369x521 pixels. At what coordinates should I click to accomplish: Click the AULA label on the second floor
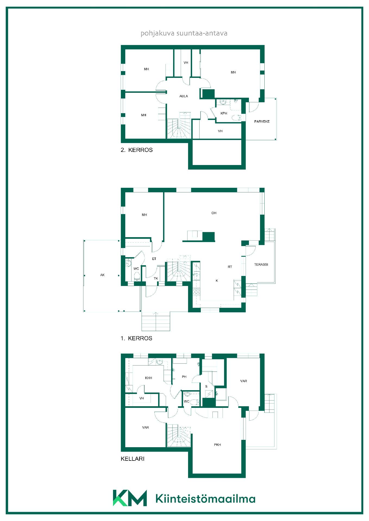(x=184, y=96)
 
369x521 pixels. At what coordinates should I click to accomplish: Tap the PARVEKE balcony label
(x=262, y=121)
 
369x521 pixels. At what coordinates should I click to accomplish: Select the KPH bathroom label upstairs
(x=224, y=113)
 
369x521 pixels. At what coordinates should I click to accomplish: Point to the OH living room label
(x=214, y=213)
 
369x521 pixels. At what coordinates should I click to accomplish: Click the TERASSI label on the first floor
(x=261, y=264)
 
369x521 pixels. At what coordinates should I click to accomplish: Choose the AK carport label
(x=102, y=275)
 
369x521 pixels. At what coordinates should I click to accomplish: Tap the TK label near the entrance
(x=156, y=278)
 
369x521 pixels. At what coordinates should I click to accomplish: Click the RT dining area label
(x=230, y=267)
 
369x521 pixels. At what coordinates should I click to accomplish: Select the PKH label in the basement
(x=217, y=445)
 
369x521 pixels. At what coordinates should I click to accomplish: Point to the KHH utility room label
(x=149, y=378)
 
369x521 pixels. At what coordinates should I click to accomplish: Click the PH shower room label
(x=184, y=377)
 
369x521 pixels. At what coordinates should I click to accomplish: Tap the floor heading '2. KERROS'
(x=137, y=150)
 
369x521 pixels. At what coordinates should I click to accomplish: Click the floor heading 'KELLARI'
(x=133, y=459)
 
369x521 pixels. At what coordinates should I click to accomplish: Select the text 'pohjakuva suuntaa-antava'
(x=184, y=33)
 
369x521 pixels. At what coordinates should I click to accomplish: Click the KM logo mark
(x=130, y=498)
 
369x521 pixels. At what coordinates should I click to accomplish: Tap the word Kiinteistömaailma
(x=205, y=499)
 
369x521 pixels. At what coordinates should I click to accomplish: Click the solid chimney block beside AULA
(x=208, y=94)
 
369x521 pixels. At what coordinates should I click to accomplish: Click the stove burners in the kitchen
(x=196, y=292)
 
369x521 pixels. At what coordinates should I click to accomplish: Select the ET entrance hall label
(x=154, y=259)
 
